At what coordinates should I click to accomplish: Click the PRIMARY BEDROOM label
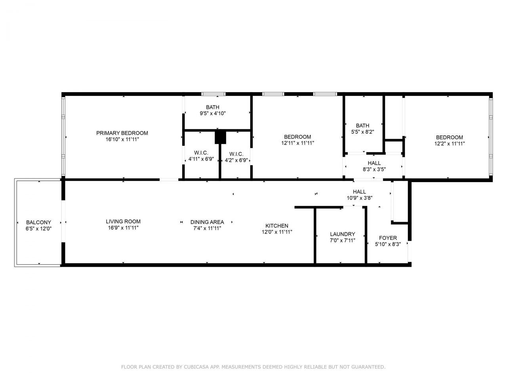(x=122, y=133)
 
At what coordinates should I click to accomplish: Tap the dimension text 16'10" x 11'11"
(x=122, y=139)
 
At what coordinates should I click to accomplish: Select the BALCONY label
(x=38, y=222)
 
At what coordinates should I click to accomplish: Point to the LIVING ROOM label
(x=123, y=222)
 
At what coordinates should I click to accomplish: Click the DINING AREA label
(x=207, y=222)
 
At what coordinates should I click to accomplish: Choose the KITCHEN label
(x=277, y=226)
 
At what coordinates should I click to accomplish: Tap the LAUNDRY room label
(x=342, y=234)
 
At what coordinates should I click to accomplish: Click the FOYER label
(x=388, y=238)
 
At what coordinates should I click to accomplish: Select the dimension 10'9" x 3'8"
(x=359, y=198)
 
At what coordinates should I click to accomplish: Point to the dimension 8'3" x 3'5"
(x=374, y=169)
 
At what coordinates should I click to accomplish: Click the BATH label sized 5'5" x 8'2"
(x=362, y=126)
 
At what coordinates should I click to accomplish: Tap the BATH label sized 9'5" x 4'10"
(x=213, y=107)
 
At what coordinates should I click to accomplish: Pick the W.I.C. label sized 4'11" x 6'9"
(x=201, y=153)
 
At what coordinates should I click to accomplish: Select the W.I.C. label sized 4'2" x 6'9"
(x=236, y=154)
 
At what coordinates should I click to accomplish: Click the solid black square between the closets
(x=220, y=137)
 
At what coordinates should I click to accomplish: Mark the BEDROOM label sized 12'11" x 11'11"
(x=297, y=137)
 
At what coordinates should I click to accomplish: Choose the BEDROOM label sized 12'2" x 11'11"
(x=450, y=137)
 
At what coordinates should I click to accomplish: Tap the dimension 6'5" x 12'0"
(x=38, y=229)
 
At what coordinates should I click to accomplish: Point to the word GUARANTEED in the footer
(x=368, y=367)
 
